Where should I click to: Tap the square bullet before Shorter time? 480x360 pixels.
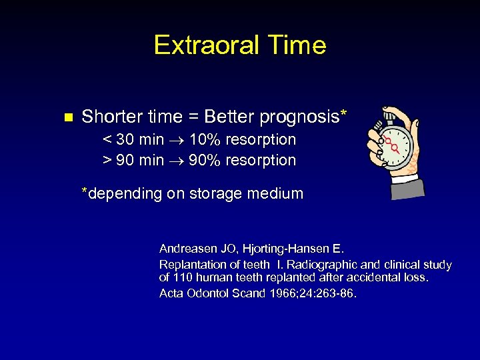[x=66, y=118]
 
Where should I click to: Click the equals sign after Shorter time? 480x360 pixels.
[x=192, y=117]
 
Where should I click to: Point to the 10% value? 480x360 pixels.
[x=205, y=140]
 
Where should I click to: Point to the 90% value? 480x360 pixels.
[x=205, y=161]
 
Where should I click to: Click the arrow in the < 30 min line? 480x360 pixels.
[x=176, y=141]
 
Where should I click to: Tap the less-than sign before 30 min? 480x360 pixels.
[x=107, y=141]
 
